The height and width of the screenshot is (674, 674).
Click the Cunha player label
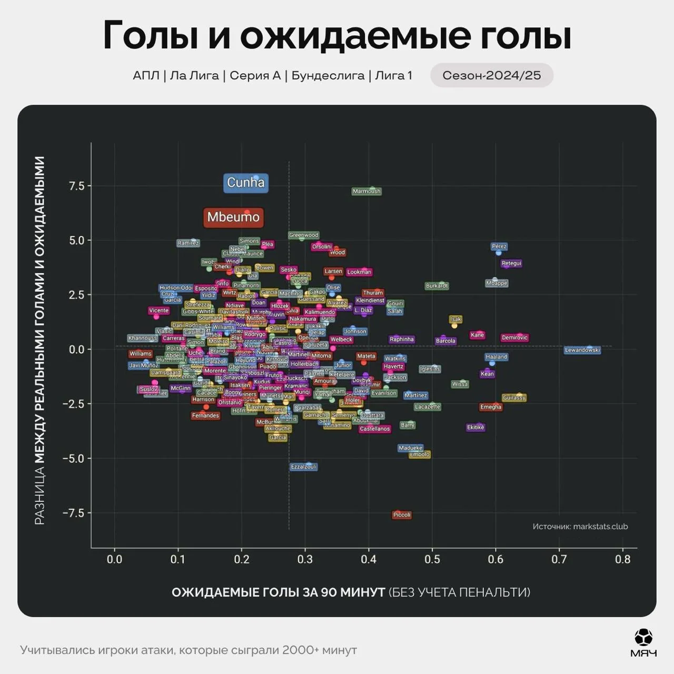(x=245, y=183)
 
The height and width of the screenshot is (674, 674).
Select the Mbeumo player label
(x=233, y=217)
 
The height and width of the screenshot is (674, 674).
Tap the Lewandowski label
(x=582, y=350)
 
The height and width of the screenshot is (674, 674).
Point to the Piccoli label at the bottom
(x=402, y=515)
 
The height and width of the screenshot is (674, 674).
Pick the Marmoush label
(x=366, y=192)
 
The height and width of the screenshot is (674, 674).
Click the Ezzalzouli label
(x=304, y=467)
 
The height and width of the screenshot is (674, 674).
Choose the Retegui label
(x=511, y=263)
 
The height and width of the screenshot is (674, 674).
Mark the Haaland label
(x=496, y=357)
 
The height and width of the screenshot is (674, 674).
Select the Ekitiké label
(x=475, y=428)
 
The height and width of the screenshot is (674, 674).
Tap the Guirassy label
(x=514, y=398)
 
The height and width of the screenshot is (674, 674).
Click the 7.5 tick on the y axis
(x=77, y=186)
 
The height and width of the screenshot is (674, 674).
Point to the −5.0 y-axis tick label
(x=73, y=458)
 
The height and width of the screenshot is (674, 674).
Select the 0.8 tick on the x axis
(x=622, y=559)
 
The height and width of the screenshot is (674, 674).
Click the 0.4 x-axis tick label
(x=369, y=559)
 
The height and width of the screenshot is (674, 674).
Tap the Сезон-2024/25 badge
(x=491, y=75)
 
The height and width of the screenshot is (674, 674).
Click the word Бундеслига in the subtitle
(x=328, y=75)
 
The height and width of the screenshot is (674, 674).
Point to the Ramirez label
(x=188, y=243)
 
